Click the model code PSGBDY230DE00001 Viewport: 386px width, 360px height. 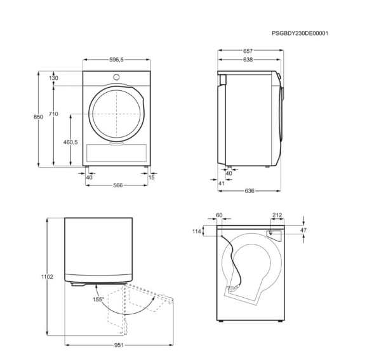click(x=300, y=33)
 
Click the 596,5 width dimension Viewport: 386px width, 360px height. click(x=116, y=60)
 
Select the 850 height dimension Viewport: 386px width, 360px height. click(x=38, y=117)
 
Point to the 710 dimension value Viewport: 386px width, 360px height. click(x=53, y=114)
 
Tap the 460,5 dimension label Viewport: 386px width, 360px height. click(x=70, y=142)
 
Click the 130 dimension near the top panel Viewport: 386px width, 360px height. click(x=53, y=78)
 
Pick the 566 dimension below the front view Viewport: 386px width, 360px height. click(x=118, y=185)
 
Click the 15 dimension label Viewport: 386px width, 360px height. click(x=152, y=177)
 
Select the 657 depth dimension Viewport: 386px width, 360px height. click(x=248, y=51)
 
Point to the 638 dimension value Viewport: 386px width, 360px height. click(x=248, y=60)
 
